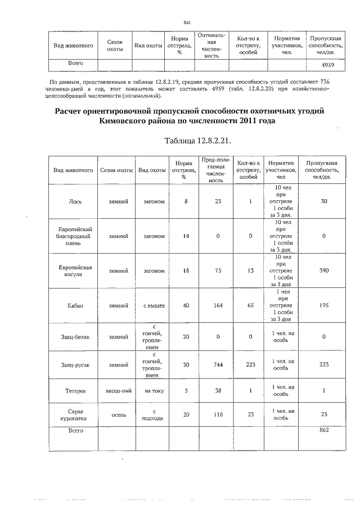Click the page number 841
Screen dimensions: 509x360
(x=188, y=22)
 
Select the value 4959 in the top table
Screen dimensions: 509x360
(x=328, y=65)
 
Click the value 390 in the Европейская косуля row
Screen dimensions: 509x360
(x=323, y=271)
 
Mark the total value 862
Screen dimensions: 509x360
(x=323, y=430)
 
